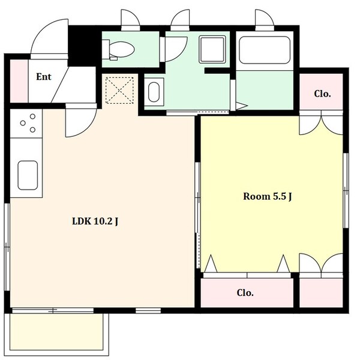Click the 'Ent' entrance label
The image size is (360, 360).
(43, 77)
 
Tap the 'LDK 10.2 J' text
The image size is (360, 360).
(95, 221)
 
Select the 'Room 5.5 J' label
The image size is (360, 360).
(267, 196)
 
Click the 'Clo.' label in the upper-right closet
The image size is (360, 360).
(322, 94)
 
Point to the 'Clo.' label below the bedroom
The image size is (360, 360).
(245, 293)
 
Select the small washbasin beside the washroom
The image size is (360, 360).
(154, 93)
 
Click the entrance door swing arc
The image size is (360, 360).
(48, 37)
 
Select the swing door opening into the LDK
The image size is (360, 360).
(79, 120)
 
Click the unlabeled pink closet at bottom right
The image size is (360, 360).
(322, 293)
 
